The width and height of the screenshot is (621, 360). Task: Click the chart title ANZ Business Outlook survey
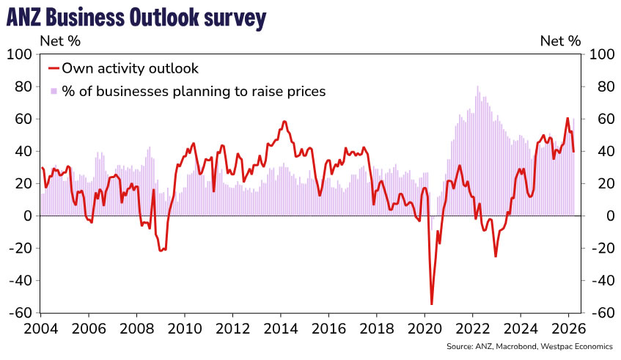(135, 18)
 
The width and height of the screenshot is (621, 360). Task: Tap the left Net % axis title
(59, 41)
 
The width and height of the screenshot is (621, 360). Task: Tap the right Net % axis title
(561, 41)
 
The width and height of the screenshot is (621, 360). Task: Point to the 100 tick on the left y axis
(21, 54)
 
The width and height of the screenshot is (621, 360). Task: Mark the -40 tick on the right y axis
(599, 281)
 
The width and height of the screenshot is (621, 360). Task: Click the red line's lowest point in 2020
(432, 304)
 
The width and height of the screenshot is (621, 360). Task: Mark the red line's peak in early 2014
(284, 121)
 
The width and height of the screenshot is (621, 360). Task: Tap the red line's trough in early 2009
(161, 251)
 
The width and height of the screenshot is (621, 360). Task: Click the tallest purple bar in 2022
(478, 87)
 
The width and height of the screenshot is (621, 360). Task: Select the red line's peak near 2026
(567, 118)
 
